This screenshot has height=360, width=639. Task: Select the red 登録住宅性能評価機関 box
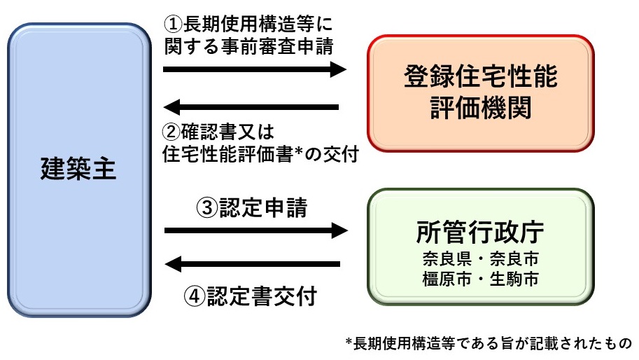pyautogui.click(x=480, y=93)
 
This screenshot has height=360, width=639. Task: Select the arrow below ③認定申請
pyautogui.click(x=255, y=230)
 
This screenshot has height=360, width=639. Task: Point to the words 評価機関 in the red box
pyautogui.click(x=480, y=108)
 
